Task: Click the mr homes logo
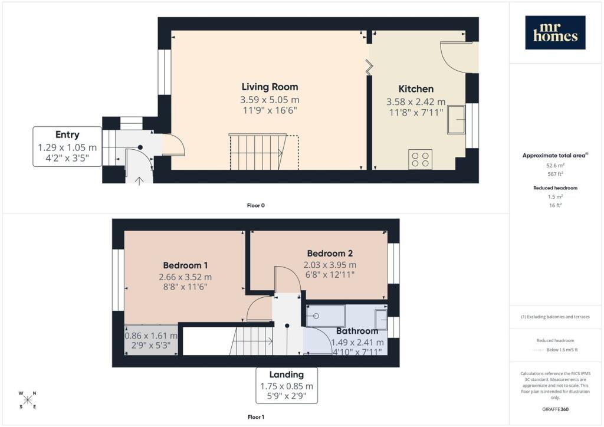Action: [x=555, y=32]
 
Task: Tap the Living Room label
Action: [x=270, y=87]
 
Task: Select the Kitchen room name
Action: [x=416, y=89]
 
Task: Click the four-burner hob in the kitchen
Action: [x=420, y=159]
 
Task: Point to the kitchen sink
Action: [x=456, y=120]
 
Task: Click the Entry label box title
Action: [x=67, y=134]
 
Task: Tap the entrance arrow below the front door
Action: [x=139, y=180]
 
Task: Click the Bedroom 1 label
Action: [x=185, y=265]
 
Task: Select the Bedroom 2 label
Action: [x=330, y=254]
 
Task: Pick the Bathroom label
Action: [x=357, y=331]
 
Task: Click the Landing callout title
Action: [x=287, y=375]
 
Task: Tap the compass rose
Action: [x=27, y=400]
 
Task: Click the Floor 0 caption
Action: [x=256, y=206]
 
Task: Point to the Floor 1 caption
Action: [x=256, y=417]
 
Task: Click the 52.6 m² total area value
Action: [x=555, y=166]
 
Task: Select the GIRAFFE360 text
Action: [x=555, y=409]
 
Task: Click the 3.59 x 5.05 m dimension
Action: [x=270, y=100]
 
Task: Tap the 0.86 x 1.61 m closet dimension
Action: [x=151, y=336]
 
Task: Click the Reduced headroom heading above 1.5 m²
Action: [x=555, y=188]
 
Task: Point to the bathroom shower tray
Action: [x=326, y=316]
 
